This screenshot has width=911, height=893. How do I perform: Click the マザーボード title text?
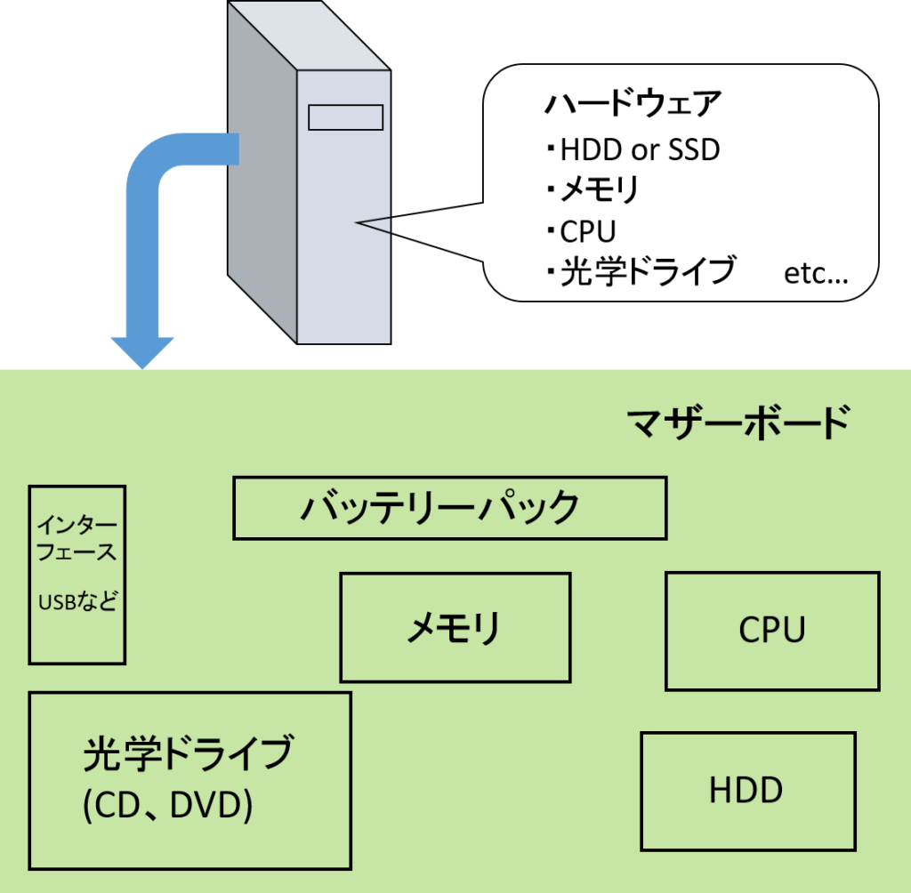point(738,422)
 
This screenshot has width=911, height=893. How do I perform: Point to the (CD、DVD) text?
point(167,806)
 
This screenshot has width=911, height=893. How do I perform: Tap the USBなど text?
point(77,602)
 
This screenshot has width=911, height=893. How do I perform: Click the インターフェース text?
point(77,538)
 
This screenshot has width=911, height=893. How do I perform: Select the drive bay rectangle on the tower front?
point(345,117)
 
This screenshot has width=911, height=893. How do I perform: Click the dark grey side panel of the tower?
point(262,178)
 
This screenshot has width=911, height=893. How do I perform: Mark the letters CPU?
point(771,631)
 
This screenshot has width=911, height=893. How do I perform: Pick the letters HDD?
point(746,790)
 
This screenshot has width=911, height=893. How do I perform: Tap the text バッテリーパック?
point(439,508)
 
